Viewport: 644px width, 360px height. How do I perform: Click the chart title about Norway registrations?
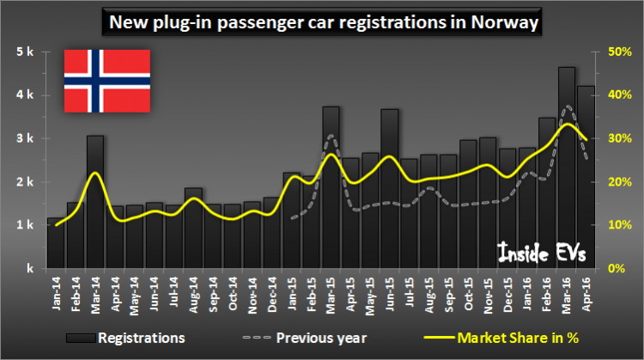click(322, 21)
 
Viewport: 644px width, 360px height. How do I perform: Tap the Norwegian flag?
click(107, 81)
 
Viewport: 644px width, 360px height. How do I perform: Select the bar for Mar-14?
click(95, 202)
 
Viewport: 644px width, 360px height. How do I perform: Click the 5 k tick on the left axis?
click(23, 52)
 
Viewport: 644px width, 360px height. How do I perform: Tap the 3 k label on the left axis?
click(23, 138)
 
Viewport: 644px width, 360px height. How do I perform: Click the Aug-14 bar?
click(194, 228)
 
